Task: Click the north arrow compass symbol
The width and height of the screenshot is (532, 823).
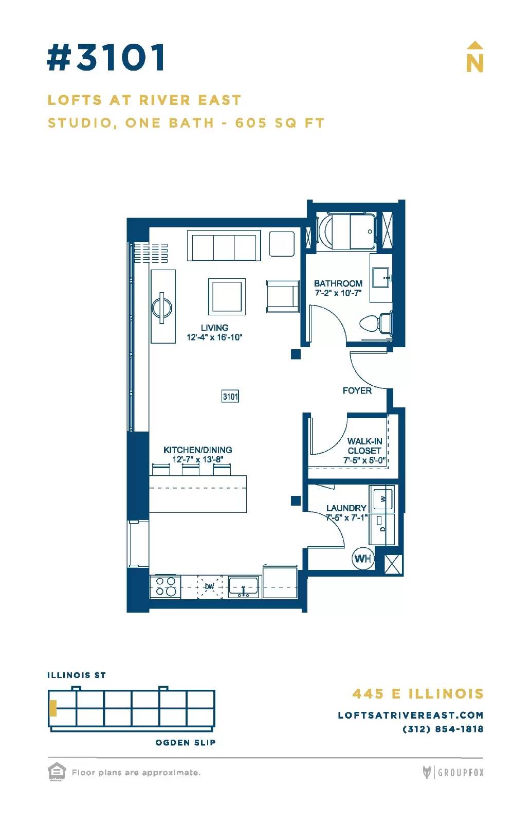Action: click(474, 57)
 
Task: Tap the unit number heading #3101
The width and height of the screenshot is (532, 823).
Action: click(106, 57)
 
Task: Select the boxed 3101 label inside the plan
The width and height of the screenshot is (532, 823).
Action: click(230, 397)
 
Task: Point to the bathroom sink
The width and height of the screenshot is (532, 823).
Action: click(381, 278)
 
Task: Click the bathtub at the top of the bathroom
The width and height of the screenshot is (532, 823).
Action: click(346, 231)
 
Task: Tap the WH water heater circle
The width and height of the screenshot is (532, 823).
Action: click(363, 559)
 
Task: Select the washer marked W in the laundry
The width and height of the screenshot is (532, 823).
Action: click(382, 499)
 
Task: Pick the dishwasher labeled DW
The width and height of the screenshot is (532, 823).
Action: click(210, 587)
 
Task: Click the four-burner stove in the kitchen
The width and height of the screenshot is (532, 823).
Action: click(165, 586)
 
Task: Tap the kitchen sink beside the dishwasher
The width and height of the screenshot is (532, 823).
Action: click(243, 586)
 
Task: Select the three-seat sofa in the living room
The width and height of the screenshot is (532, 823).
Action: click(224, 246)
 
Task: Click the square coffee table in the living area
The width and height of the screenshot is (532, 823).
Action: click(227, 296)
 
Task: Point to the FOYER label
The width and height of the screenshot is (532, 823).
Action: click(357, 390)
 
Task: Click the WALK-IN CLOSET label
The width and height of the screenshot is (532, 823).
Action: click(364, 445)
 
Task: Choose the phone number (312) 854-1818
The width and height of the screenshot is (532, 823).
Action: click(443, 729)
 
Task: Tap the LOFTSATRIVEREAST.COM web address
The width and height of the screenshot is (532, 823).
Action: click(411, 715)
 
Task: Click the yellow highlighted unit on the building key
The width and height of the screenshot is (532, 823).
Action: click(53, 708)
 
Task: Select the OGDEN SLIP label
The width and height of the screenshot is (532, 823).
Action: click(186, 743)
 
